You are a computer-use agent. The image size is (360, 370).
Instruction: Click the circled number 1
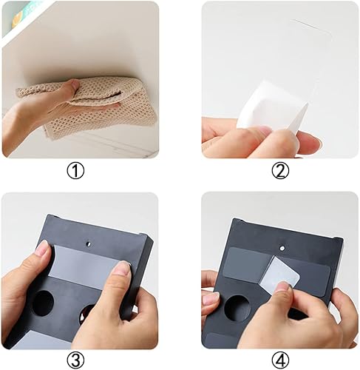(x=75, y=171)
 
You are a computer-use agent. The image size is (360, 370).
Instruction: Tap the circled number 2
(x=280, y=171)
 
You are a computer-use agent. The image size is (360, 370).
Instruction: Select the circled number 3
(x=75, y=360)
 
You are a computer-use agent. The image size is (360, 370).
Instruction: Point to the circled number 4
(x=280, y=360)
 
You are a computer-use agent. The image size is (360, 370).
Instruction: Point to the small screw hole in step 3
(x=89, y=244)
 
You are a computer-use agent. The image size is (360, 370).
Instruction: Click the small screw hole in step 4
(x=282, y=248)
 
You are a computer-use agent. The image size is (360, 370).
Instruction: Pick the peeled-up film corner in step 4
(x=279, y=272)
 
